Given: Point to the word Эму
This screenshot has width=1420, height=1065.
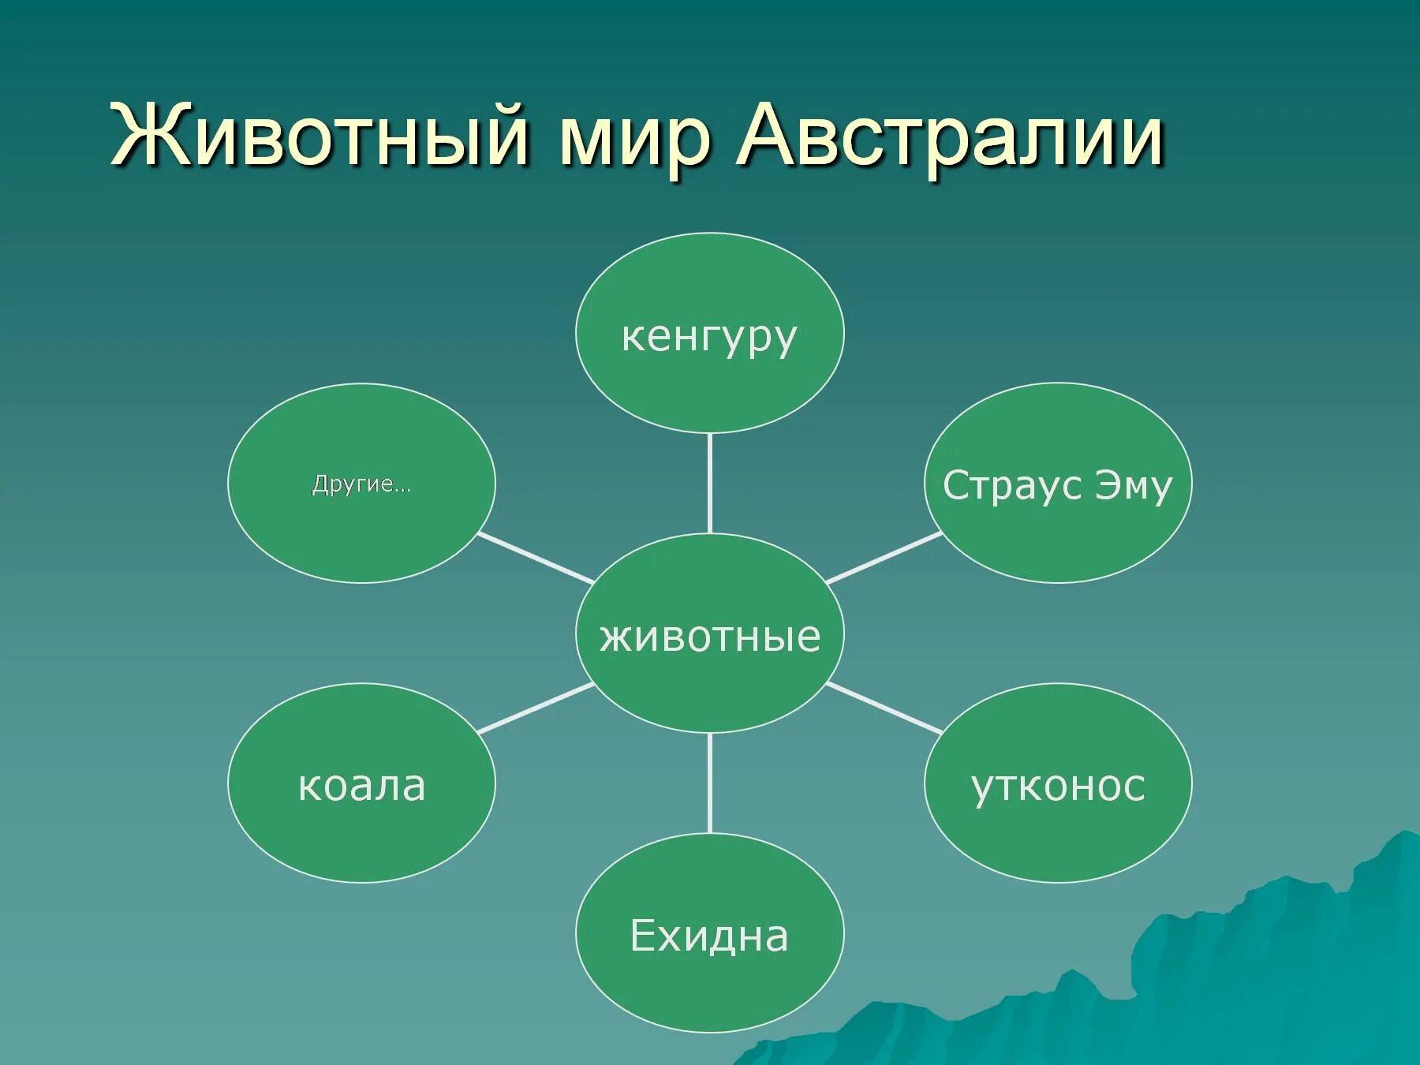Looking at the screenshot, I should tap(1133, 485).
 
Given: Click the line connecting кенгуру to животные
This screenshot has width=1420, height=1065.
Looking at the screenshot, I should tap(710, 483).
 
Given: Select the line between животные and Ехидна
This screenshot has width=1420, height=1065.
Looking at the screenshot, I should tap(710, 783).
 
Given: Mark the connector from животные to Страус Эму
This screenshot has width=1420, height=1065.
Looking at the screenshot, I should tap(884, 558).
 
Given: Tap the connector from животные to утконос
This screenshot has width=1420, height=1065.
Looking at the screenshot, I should tap(884, 708).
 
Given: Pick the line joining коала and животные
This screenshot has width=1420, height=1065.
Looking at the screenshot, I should tap(536, 708).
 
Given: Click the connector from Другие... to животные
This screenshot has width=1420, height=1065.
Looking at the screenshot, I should tap(536, 558).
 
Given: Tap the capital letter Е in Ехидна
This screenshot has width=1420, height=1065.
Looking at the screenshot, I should tap(644, 936).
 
